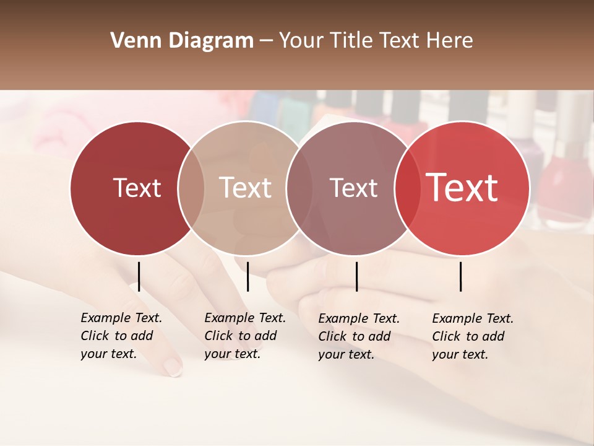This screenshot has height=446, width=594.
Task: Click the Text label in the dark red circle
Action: (x=137, y=188)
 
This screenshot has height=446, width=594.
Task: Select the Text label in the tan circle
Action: (x=245, y=188)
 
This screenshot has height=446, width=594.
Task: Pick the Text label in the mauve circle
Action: (x=353, y=188)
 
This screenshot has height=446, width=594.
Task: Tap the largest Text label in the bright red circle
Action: (x=462, y=188)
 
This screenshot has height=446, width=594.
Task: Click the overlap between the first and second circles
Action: (x=191, y=188)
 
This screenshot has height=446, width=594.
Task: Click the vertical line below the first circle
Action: (x=139, y=276)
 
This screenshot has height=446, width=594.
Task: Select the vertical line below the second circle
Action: (x=247, y=276)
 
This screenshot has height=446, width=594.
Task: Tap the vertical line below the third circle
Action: (x=356, y=276)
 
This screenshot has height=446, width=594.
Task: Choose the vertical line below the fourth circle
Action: (x=460, y=276)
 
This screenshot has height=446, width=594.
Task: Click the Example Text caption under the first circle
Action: (x=121, y=336)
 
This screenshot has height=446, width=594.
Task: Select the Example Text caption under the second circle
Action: (x=245, y=336)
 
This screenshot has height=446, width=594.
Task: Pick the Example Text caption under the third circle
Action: (x=359, y=336)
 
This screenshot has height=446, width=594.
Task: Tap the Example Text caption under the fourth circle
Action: (x=473, y=336)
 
